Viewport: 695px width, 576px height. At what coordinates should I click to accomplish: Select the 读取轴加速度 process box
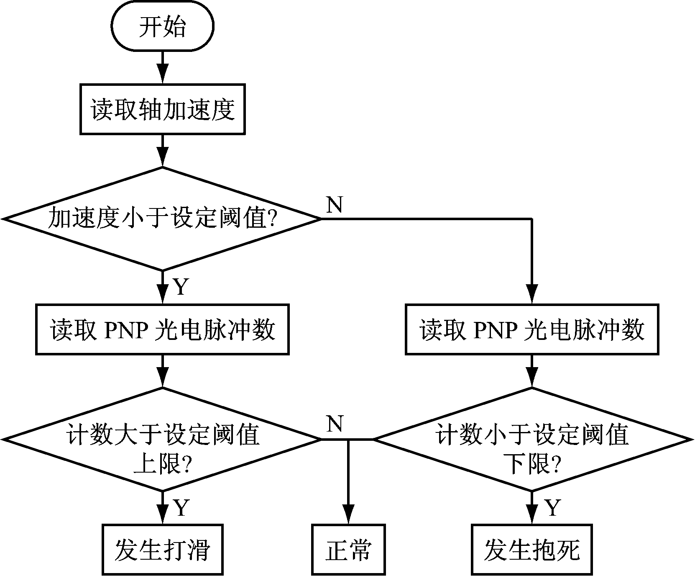coord(163,110)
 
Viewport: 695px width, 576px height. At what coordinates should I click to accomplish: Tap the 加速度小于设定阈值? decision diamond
coord(163,219)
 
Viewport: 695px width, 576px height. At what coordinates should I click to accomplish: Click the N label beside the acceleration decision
coord(335,205)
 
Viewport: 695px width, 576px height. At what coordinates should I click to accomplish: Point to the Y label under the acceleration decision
coord(181,287)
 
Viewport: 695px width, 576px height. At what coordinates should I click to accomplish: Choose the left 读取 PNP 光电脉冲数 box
coord(163,330)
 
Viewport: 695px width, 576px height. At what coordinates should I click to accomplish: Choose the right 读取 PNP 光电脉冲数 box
coord(532,330)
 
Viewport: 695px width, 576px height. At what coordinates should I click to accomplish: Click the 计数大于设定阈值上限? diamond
coord(163,440)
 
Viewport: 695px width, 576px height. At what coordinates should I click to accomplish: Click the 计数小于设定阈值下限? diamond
coord(532,440)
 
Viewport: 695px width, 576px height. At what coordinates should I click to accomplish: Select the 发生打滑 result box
coord(163,549)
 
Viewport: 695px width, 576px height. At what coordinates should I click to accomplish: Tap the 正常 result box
coord(348,549)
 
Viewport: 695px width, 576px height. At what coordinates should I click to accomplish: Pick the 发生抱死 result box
coord(532,549)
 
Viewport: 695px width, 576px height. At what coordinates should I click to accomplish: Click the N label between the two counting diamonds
coord(335,424)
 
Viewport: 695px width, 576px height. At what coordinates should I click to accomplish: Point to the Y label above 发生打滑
coord(181,507)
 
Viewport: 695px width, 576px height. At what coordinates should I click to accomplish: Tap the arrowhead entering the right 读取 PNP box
coord(532,295)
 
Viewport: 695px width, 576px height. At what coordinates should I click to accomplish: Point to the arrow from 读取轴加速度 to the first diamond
coord(163,151)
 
